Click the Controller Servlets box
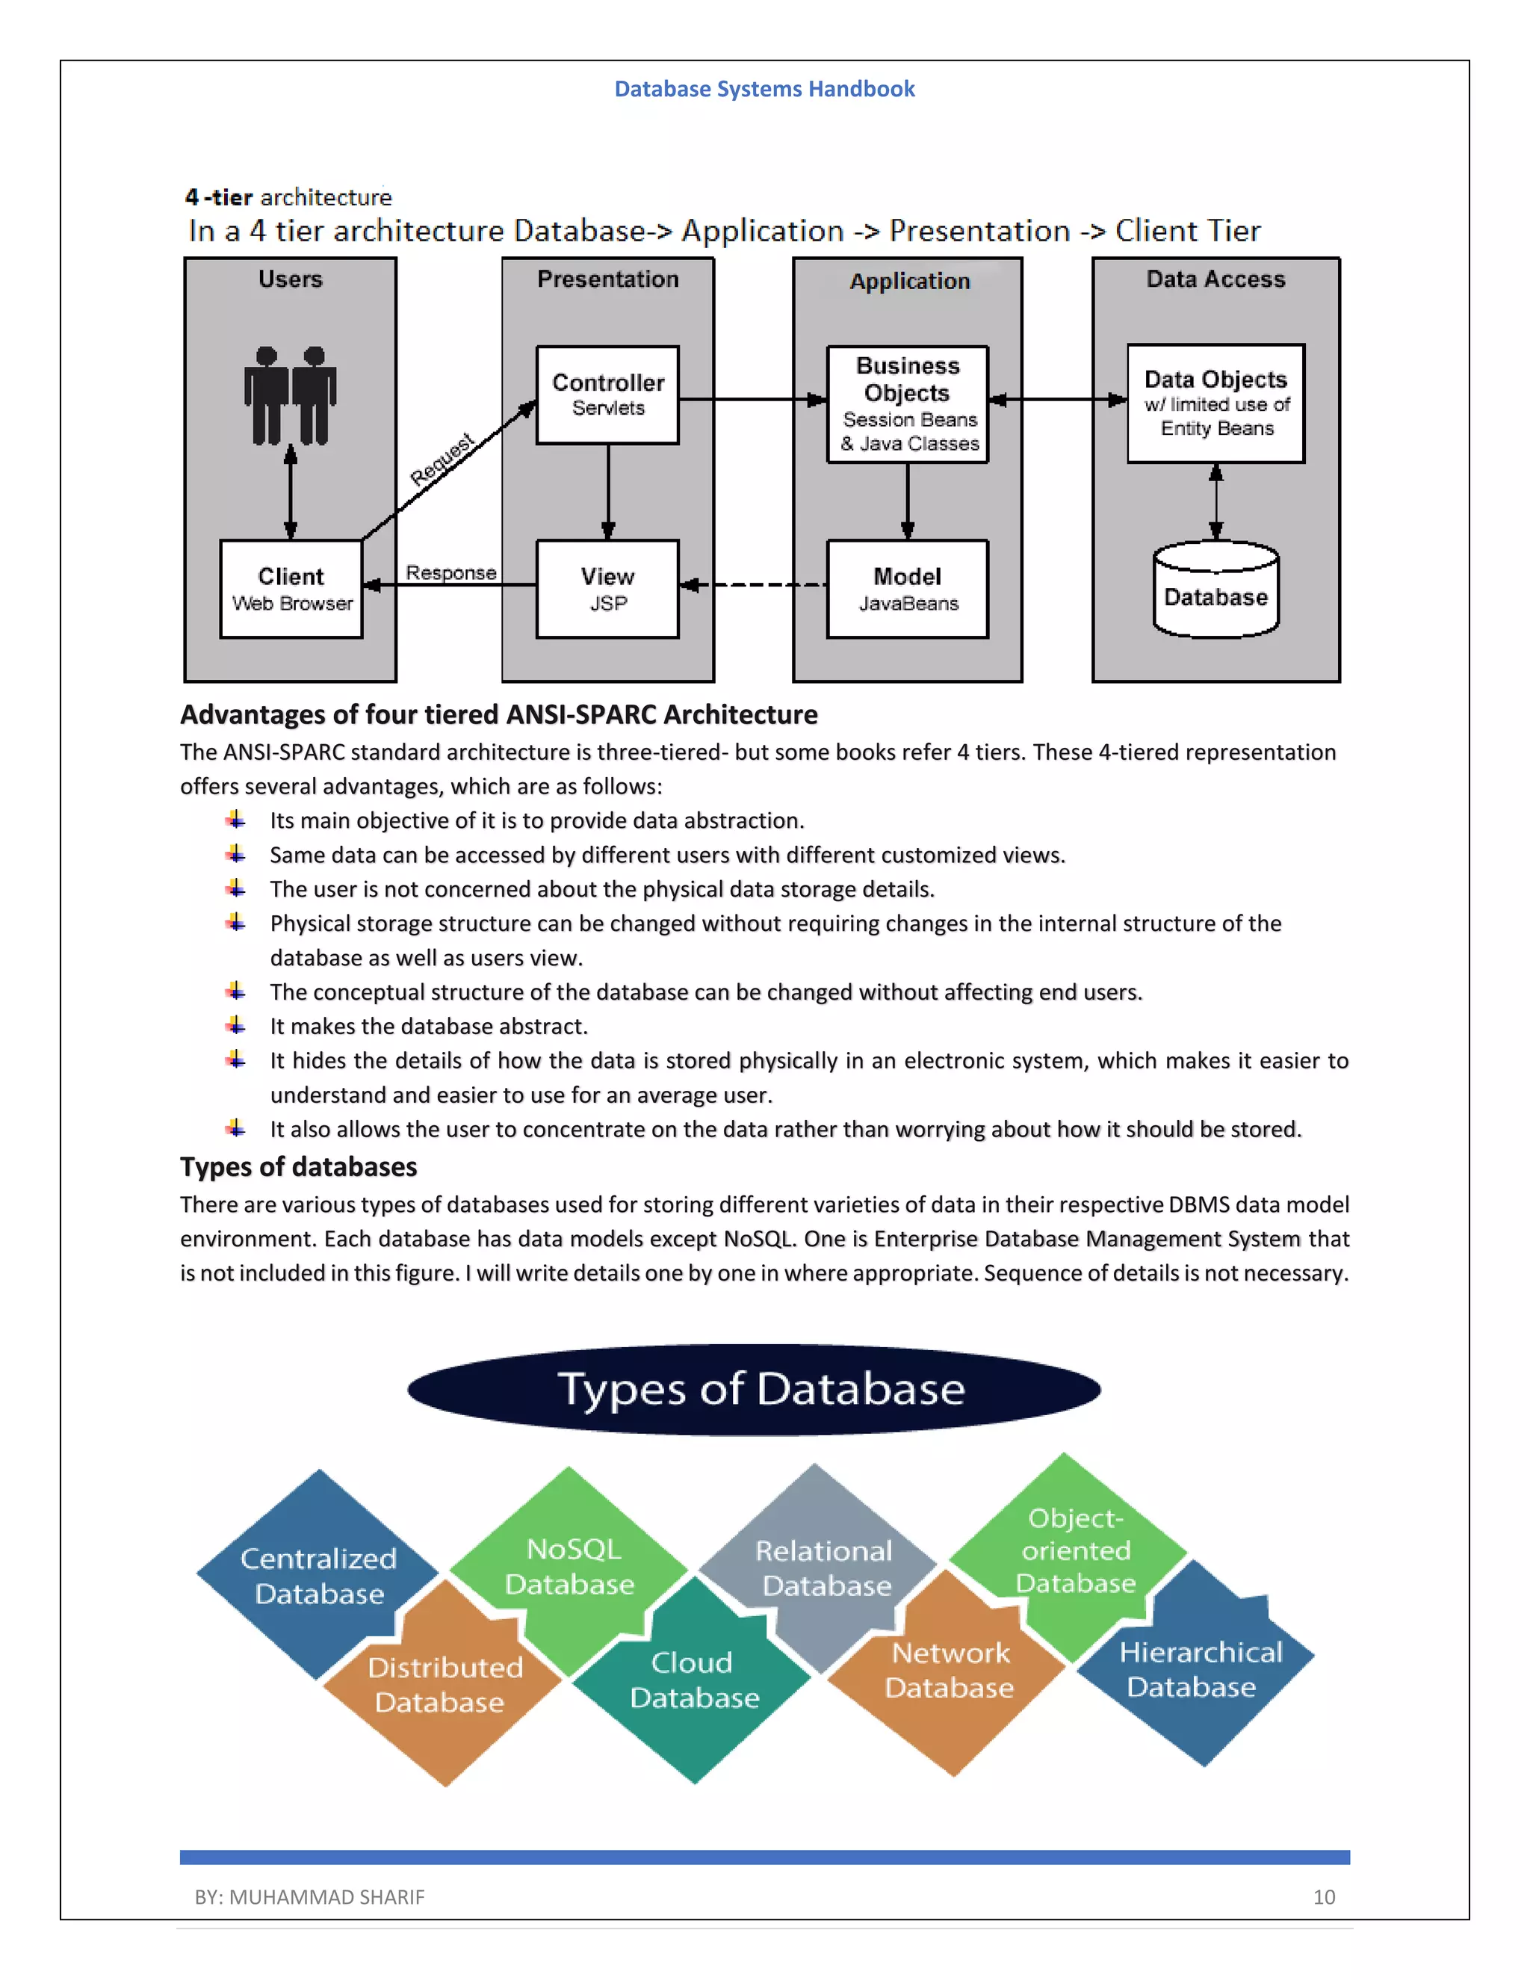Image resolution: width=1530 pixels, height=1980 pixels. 607,395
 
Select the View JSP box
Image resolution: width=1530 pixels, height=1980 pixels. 607,590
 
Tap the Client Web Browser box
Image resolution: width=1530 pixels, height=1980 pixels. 291,590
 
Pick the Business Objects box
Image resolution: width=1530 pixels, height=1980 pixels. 907,404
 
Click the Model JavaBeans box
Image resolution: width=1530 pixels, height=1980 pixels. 907,590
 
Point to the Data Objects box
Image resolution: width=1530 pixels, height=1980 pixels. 1215,403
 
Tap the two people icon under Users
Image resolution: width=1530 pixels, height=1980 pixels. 290,395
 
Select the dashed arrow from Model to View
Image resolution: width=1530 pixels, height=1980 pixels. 752,585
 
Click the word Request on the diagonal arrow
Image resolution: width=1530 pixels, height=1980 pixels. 442,460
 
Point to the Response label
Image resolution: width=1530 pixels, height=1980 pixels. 450,573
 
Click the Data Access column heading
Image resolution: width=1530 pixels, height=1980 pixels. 1215,279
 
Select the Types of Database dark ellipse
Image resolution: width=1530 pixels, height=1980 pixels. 754,1389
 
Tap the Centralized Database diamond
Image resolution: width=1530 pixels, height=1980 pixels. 318,1576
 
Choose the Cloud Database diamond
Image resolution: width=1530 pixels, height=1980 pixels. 693,1680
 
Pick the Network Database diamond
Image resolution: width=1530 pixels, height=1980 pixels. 949,1670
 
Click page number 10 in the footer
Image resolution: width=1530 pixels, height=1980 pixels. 1323,1896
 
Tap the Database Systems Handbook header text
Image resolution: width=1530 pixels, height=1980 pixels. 764,89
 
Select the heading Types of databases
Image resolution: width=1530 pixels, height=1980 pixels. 298,1167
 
